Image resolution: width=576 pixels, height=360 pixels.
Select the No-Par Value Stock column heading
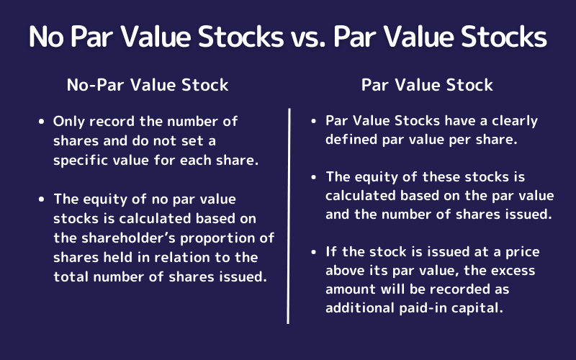coord(148,85)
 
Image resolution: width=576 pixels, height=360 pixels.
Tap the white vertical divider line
coord(289,216)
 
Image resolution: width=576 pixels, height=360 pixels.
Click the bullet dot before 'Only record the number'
coord(42,122)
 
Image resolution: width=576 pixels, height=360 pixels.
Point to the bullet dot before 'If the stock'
coord(315,252)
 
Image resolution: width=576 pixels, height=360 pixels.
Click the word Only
coord(68,122)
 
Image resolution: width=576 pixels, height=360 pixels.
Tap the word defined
coord(351,140)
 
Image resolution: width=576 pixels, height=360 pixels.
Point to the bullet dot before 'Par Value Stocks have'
coord(315,122)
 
